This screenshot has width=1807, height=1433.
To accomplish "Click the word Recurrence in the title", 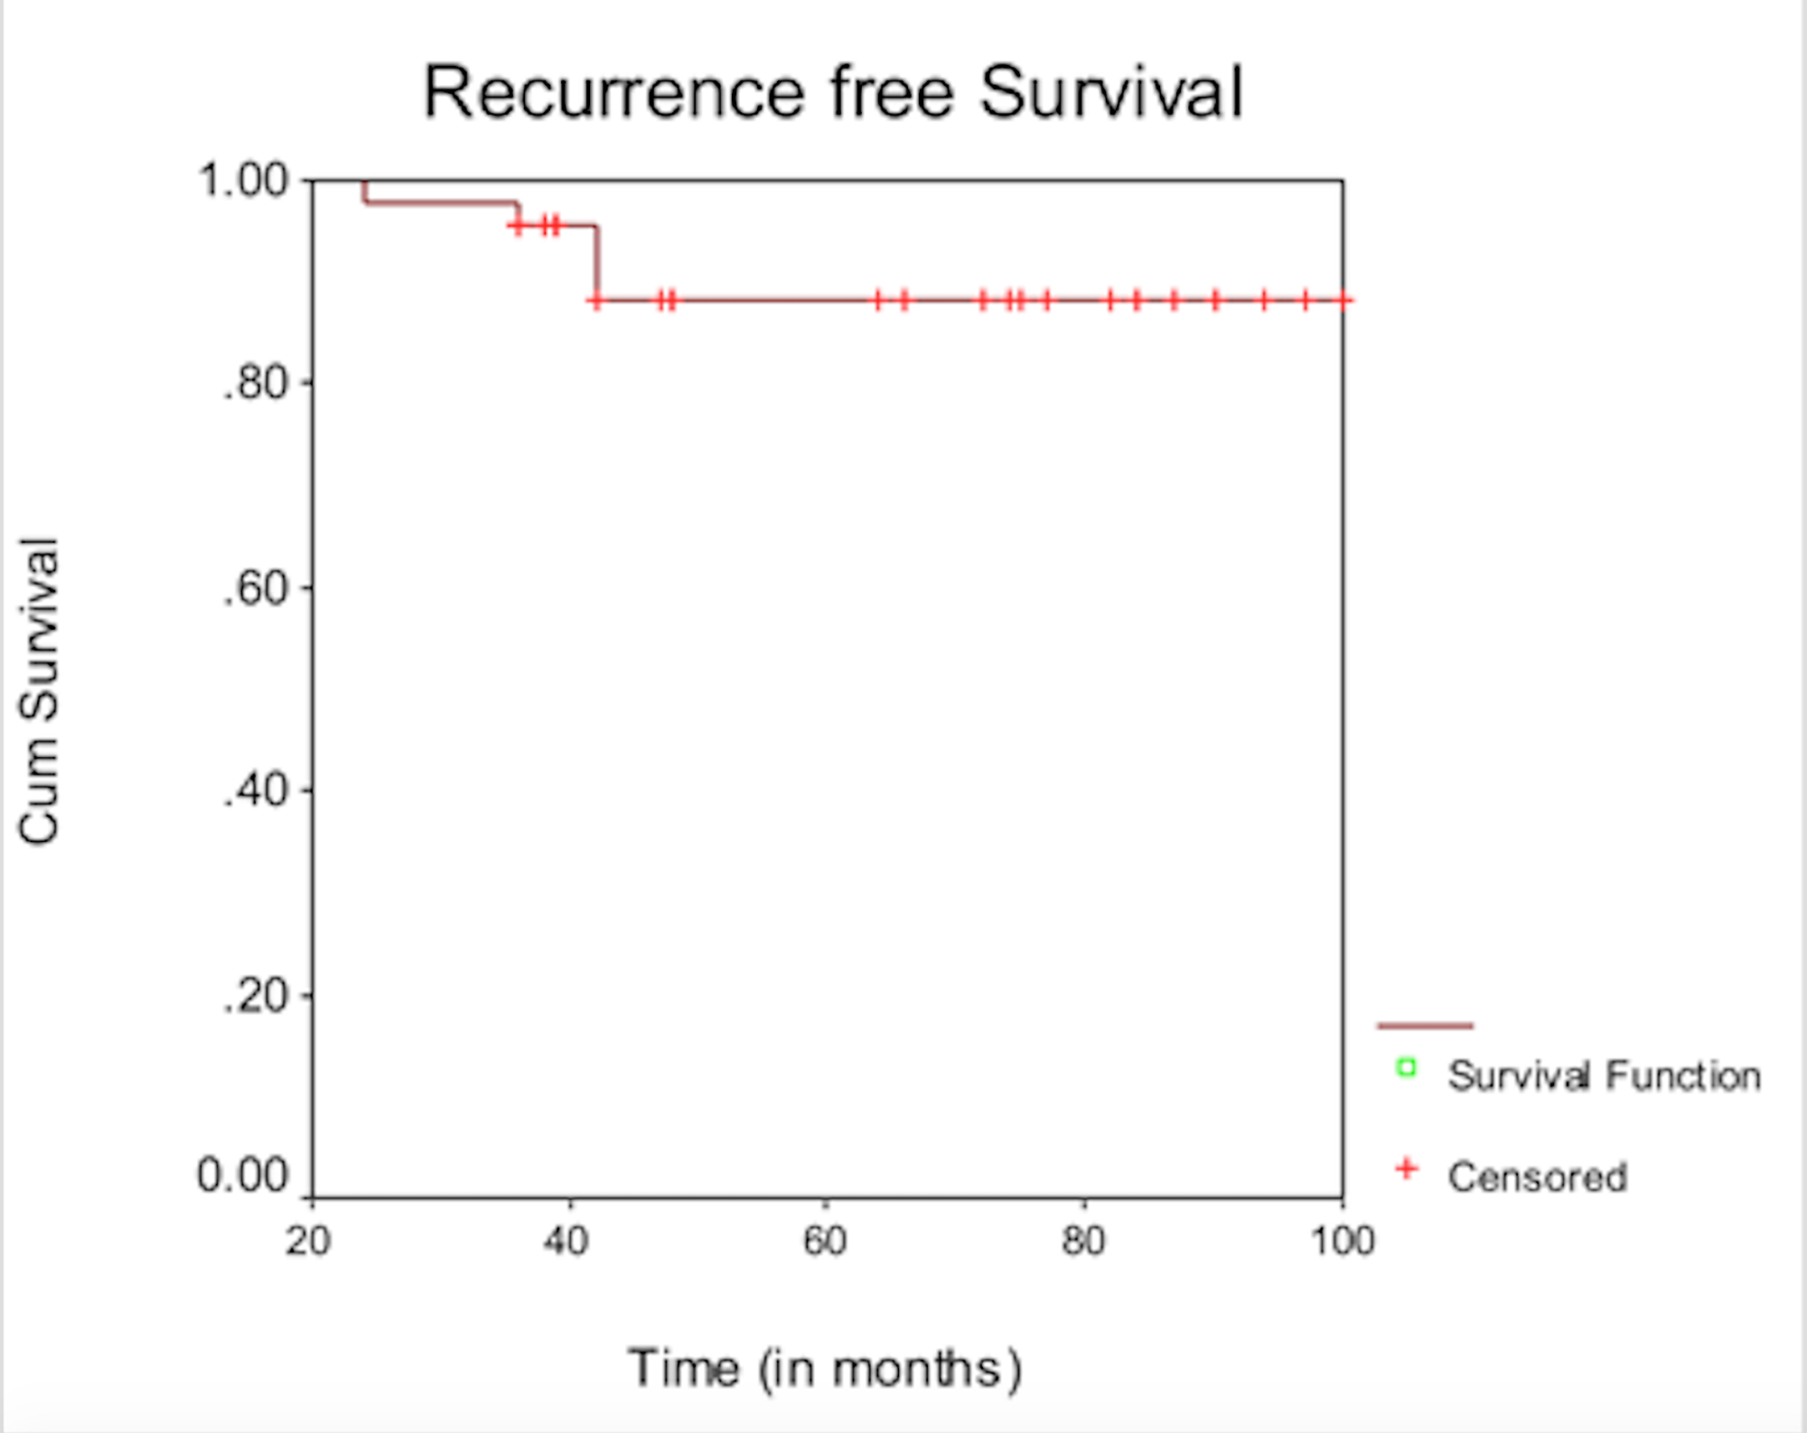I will click(613, 93).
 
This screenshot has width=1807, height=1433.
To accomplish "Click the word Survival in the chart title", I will click(1111, 93).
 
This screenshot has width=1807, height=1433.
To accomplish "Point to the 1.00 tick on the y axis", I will click(242, 180).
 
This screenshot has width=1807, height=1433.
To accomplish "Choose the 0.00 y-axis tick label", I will click(242, 1176).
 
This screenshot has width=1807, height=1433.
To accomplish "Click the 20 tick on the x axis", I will click(308, 1241).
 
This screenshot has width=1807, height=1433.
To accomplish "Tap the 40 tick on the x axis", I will click(566, 1241).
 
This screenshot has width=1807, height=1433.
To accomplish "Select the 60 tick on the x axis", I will click(825, 1241).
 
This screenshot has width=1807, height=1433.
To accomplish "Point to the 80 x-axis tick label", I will click(1083, 1241).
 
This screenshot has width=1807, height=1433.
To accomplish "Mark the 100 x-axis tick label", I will click(1343, 1241).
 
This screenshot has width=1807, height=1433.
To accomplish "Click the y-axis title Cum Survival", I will click(40, 691).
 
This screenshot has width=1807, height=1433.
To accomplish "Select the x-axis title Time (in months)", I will click(825, 1368).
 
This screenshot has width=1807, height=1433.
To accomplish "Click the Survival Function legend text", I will click(1604, 1076).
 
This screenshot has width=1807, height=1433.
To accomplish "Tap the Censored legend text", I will click(1537, 1177).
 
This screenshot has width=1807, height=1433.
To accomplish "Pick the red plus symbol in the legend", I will click(1406, 1169).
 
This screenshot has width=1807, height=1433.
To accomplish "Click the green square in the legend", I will click(1406, 1068).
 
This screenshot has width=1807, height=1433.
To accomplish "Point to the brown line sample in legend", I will click(1425, 1026).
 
